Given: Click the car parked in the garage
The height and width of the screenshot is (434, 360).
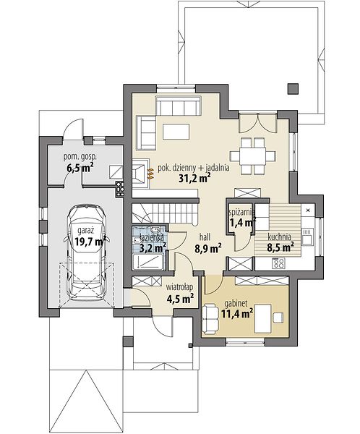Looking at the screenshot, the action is click(86, 252).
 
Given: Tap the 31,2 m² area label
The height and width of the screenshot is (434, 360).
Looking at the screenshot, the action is click(193, 179).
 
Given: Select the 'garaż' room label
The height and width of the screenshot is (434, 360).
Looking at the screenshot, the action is click(86, 230).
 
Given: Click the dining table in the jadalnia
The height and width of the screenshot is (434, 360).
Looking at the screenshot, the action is click(253, 156).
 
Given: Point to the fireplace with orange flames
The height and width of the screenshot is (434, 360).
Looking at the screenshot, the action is click(142, 174).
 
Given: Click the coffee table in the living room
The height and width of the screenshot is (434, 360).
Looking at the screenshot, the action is click(176, 132).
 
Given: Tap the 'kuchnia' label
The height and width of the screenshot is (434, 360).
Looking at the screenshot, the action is click(279, 237).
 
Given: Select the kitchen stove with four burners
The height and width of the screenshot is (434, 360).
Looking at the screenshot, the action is click(278, 263).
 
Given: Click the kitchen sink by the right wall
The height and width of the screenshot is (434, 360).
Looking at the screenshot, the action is click(307, 237).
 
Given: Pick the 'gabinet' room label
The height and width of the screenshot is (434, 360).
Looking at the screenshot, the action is click(236, 304).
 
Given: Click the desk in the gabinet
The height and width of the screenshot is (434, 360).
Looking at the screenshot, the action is click(263, 318).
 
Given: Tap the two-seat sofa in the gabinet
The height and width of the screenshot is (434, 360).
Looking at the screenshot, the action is click(210, 318).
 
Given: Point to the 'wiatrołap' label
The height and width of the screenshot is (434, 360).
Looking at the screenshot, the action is click(179, 287).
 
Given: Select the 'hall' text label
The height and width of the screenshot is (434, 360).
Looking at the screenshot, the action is click(205, 237).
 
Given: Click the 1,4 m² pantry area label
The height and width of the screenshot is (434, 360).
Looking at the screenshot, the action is click(242, 222).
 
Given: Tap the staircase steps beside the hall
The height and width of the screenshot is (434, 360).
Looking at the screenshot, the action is click(166, 213).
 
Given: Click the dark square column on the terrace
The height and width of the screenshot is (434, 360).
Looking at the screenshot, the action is click(293, 88).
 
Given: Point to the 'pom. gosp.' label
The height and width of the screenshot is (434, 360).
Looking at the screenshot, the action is click(80, 158).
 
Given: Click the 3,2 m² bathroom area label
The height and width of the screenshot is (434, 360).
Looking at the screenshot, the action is click(153, 247).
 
